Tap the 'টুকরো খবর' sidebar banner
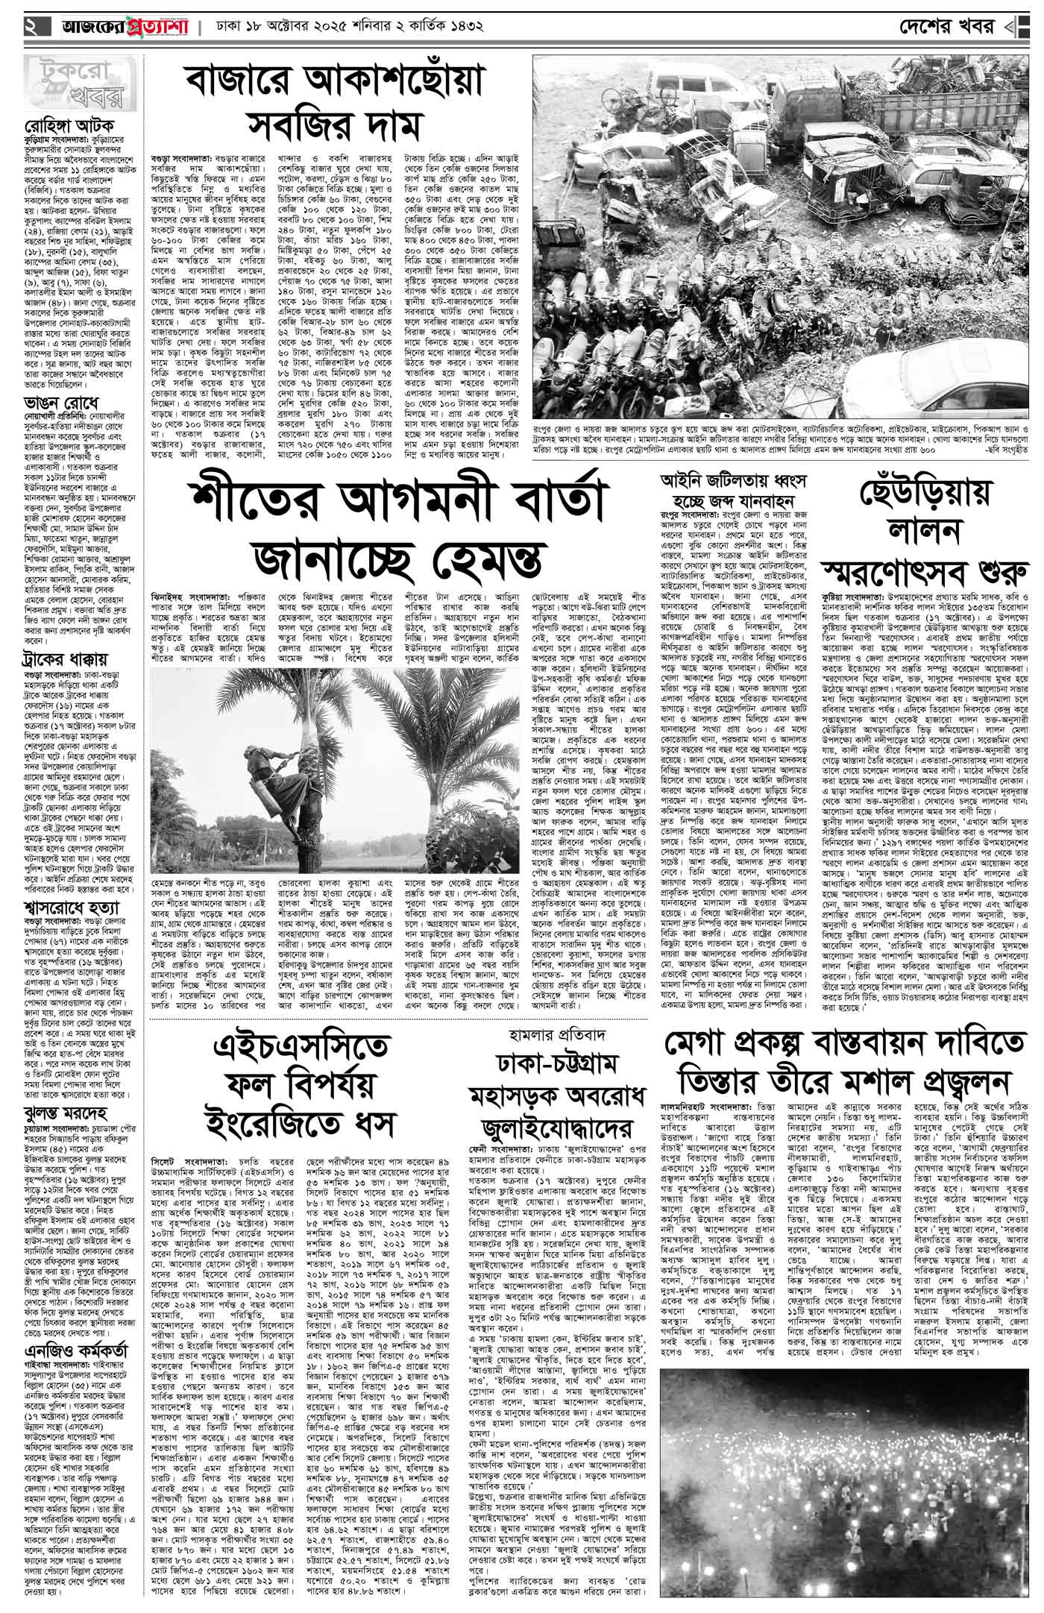[x=73, y=87]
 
